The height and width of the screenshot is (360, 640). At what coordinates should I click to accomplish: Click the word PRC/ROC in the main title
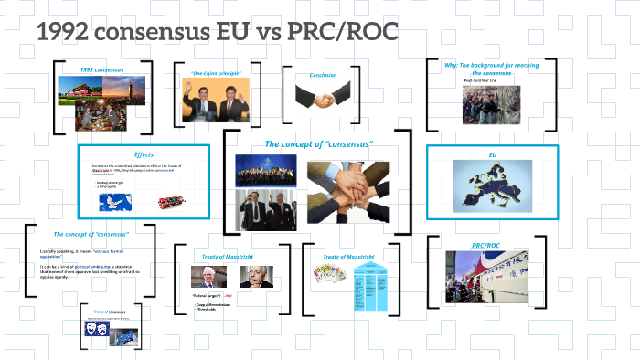click(x=346, y=34)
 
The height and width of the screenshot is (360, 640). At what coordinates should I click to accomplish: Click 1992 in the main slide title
click(x=65, y=34)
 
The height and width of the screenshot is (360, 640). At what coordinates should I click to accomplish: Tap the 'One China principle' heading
click(x=215, y=72)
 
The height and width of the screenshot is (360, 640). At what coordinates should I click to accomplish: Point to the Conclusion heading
click(x=323, y=75)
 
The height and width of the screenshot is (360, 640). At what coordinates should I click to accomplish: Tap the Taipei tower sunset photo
click(x=123, y=92)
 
